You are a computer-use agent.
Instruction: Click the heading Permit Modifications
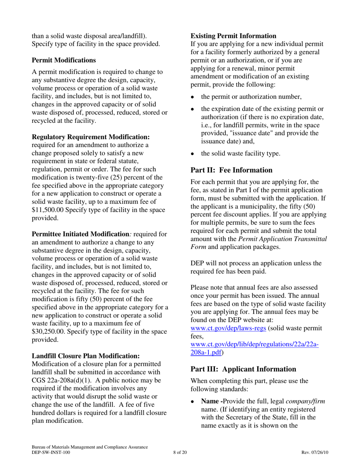tap(64, 60)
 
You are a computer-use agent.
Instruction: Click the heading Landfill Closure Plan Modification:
tap(86, 356)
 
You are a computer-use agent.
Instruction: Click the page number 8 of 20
tap(180, 452)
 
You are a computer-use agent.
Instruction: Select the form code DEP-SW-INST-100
tap(51, 452)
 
